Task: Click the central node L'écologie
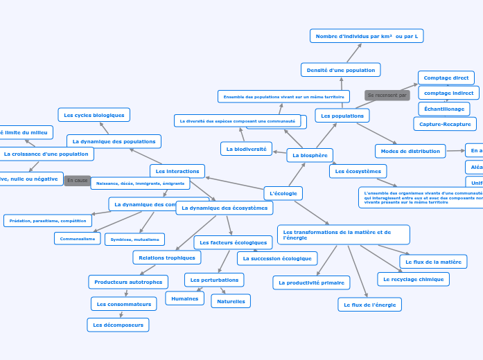click(x=283, y=193)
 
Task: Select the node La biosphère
click(x=310, y=155)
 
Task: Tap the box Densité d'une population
click(x=340, y=69)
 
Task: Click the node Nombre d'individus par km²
click(x=367, y=35)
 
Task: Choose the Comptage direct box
click(x=446, y=78)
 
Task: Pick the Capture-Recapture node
click(x=445, y=124)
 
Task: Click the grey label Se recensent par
click(x=387, y=95)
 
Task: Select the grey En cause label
click(x=77, y=180)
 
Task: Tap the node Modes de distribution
click(x=410, y=151)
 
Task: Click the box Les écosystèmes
click(x=358, y=171)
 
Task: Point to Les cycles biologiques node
click(x=94, y=115)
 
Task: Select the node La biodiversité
click(x=246, y=148)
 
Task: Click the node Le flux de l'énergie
click(x=369, y=305)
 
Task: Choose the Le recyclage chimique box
click(x=413, y=279)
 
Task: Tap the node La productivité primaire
click(x=311, y=282)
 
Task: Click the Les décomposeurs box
click(x=118, y=325)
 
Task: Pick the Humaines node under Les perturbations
click(x=184, y=298)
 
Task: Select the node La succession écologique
click(x=277, y=258)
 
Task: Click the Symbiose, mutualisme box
click(x=134, y=240)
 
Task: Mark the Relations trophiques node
click(x=167, y=258)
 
